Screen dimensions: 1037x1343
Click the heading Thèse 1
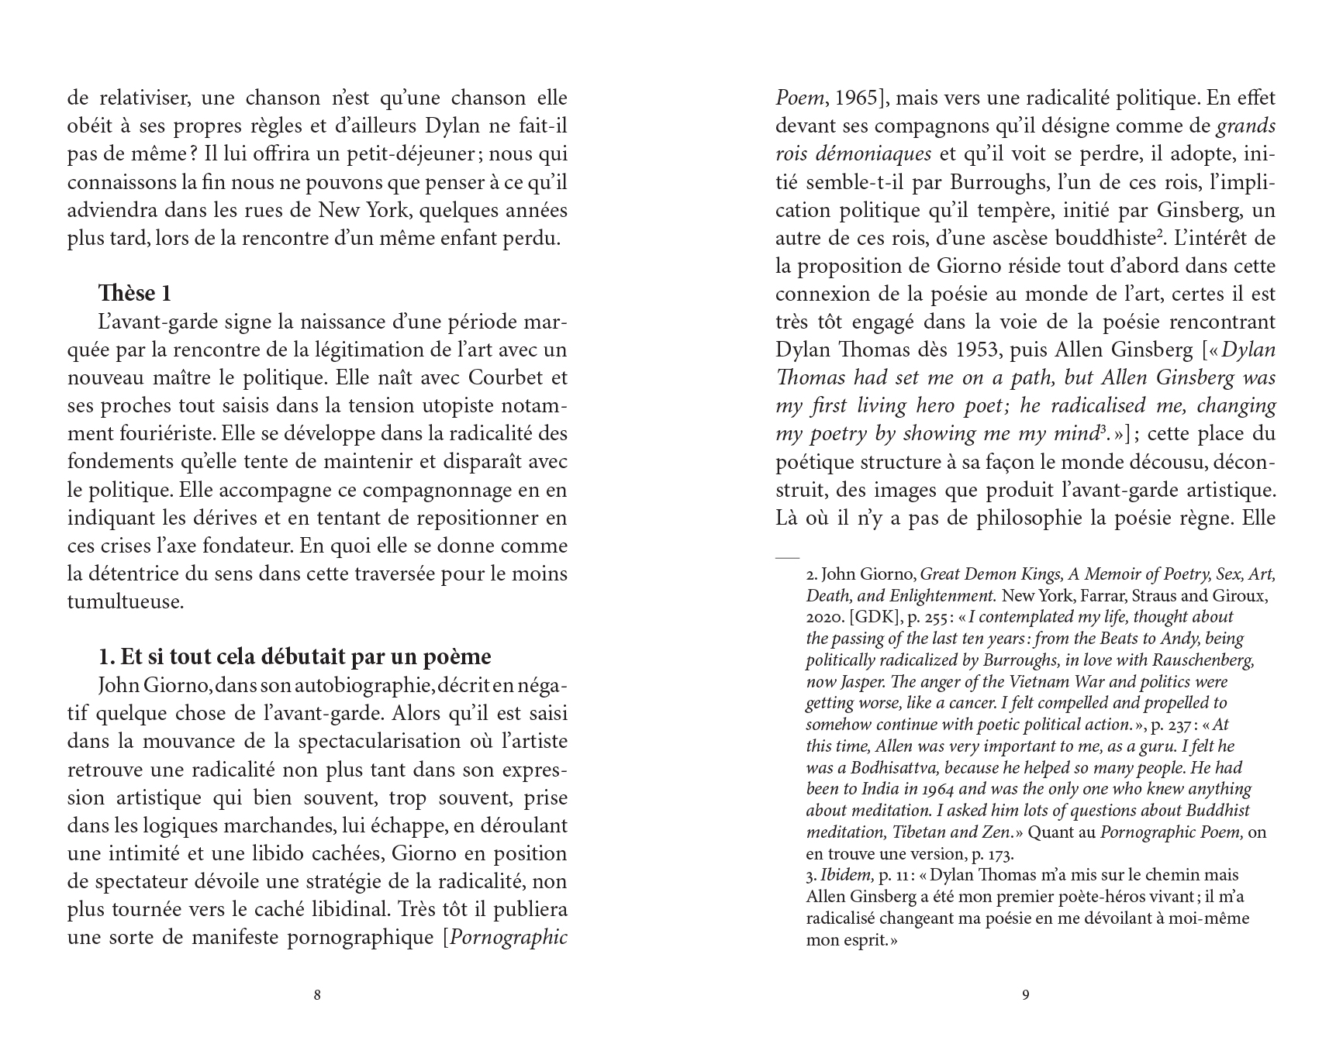[134, 294]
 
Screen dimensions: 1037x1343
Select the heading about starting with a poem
[295, 656]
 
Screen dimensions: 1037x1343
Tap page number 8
[316, 995]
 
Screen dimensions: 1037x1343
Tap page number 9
[1026, 995]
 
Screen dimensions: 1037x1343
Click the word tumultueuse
[124, 601]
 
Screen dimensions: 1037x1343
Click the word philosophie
[1017, 518]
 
